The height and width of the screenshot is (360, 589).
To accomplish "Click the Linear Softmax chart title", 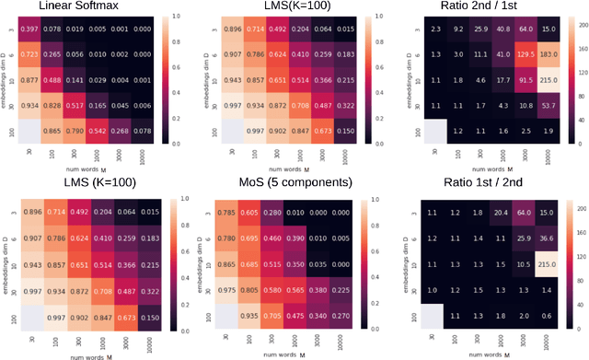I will [x=100, y=7].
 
